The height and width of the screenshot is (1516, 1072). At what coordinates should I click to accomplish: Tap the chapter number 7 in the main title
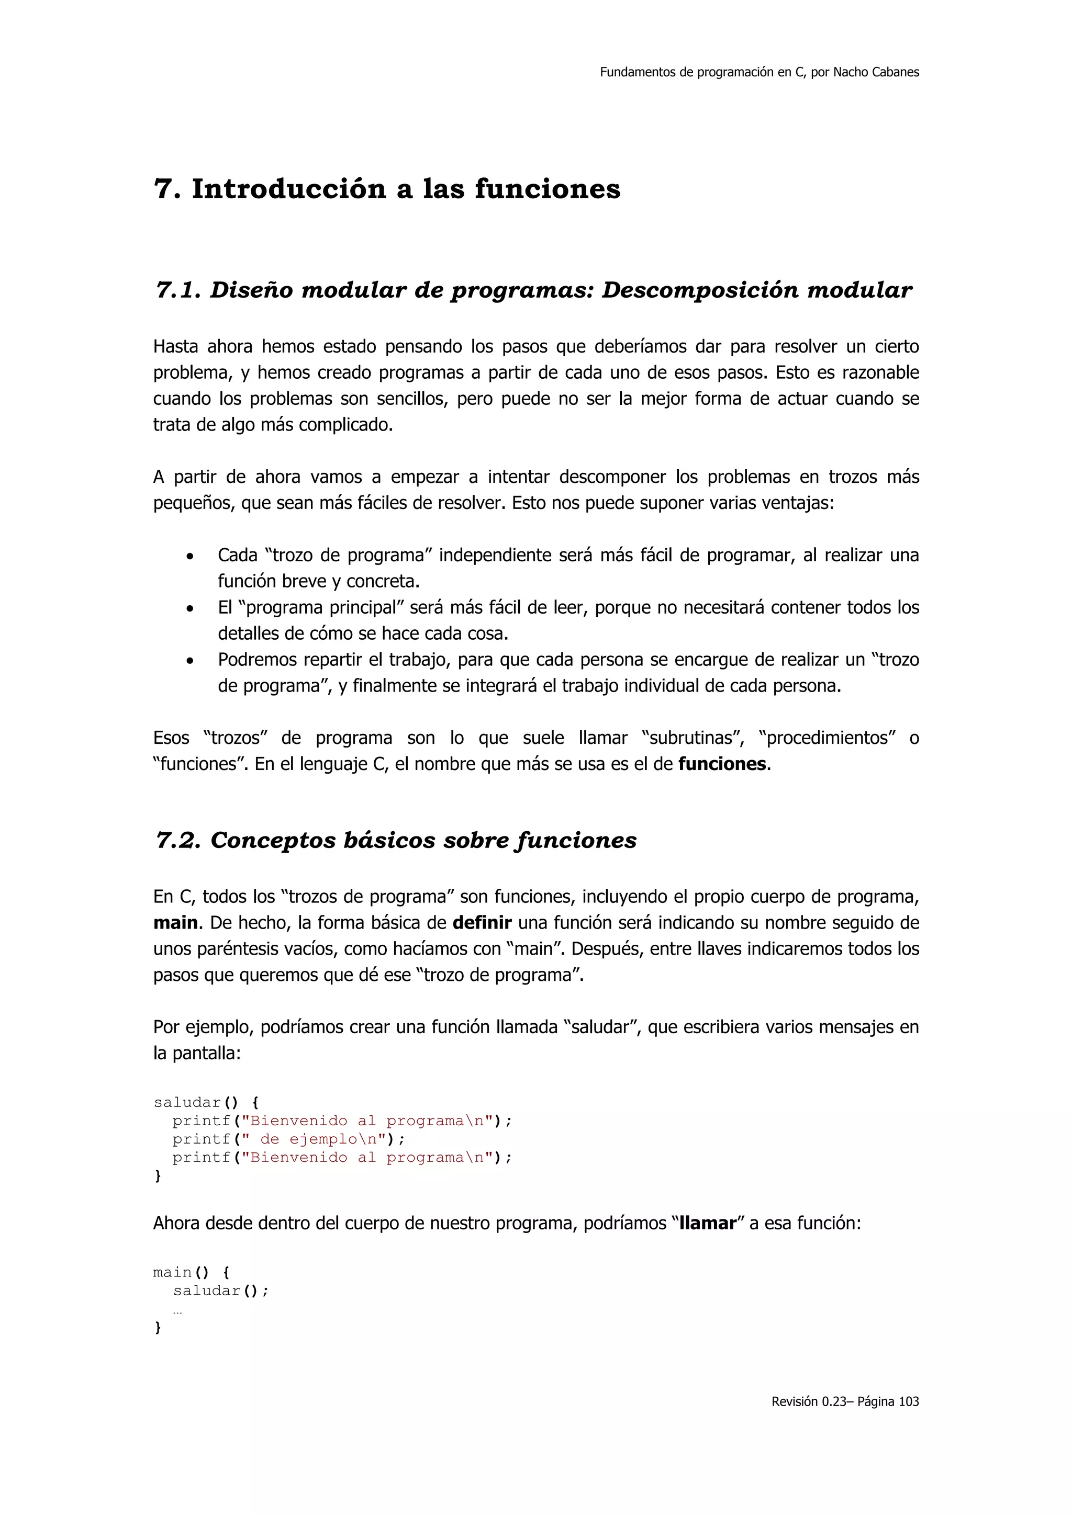pos(163,189)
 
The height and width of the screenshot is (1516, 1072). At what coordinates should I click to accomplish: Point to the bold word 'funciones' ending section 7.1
pos(722,764)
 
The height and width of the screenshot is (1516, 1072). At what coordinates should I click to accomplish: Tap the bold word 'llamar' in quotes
pos(707,1224)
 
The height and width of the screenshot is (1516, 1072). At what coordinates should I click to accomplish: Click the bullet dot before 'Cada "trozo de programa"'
pos(190,557)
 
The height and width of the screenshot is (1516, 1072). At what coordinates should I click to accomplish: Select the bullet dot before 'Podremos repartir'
pos(190,661)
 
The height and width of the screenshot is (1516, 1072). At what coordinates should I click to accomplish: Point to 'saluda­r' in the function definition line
pos(187,1103)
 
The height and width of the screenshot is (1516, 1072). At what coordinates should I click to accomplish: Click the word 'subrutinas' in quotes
pos(692,738)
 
